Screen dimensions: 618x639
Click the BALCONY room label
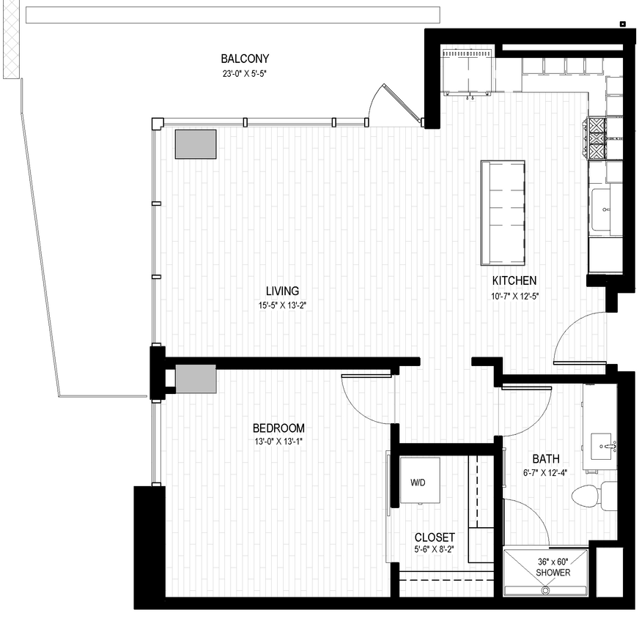(245, 59)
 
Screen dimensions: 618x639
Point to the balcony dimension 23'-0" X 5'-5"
(245, 73)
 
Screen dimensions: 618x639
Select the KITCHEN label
(514, 280)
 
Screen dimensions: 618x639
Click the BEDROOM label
(278, 428)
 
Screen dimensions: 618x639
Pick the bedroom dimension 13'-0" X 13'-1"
(278, 442)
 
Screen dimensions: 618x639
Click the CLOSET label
(435, 537)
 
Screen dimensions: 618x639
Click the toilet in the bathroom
(588, 496)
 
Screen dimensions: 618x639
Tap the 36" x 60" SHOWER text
(553, 567)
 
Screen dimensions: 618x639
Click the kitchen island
(503, 212)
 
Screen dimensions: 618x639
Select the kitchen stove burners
(598, 138)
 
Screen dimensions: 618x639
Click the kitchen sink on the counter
(605, 209)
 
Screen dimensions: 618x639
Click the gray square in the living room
(196, 144)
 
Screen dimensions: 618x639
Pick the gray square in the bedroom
(196, 379)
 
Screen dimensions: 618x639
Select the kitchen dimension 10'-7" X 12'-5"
(514, 296)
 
